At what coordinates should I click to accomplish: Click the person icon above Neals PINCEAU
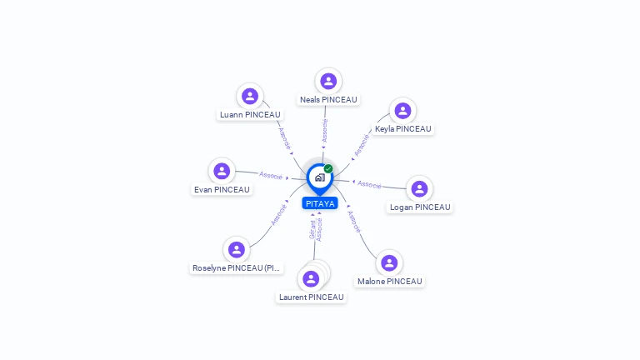pyautogui.click(x=328, y=81)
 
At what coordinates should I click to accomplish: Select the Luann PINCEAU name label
pyautogui.click(x=250, y=115)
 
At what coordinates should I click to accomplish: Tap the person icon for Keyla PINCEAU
pyautogui.click(x=402, y=111)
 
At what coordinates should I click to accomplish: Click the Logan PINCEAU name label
pyautogui.click(x=420, y=207)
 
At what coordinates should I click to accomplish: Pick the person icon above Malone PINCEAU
pyautogui.click(x=389, y=262)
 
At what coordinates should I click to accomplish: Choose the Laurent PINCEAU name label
pyautogui.click(x=312, y=297)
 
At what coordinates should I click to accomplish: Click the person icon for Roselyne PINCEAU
pyautogui.click(x=237, y=249)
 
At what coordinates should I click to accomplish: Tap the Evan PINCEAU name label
pyautogui.click(x=222, y=190)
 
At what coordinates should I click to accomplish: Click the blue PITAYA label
pyautogui.click(x=320, y=203)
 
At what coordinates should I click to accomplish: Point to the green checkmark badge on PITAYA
pyautogui.click(x=328, y=168)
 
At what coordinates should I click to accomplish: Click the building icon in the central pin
pyautogui.click(x=320, y=177)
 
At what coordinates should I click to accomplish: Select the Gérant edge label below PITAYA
pyautogui.click(x=312, y=229)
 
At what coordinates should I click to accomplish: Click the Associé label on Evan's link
pyautogui.click(x=271, y=176)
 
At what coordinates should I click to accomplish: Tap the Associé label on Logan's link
pyautogui.click(x=369, y=184)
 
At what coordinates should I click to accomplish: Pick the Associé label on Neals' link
pyautogui.click(x=324, y=131)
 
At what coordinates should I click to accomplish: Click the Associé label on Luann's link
pyautogui.click(x=285, y=138)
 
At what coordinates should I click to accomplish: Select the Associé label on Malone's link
pyautogui.click(x=354, y=222)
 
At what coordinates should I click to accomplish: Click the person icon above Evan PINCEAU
pyautogui.click(x=222, y=171)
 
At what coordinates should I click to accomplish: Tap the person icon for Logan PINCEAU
pyautogui.click(x=419, y=188)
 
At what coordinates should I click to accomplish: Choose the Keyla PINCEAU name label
pyautogui.click(x=402, y=129)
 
